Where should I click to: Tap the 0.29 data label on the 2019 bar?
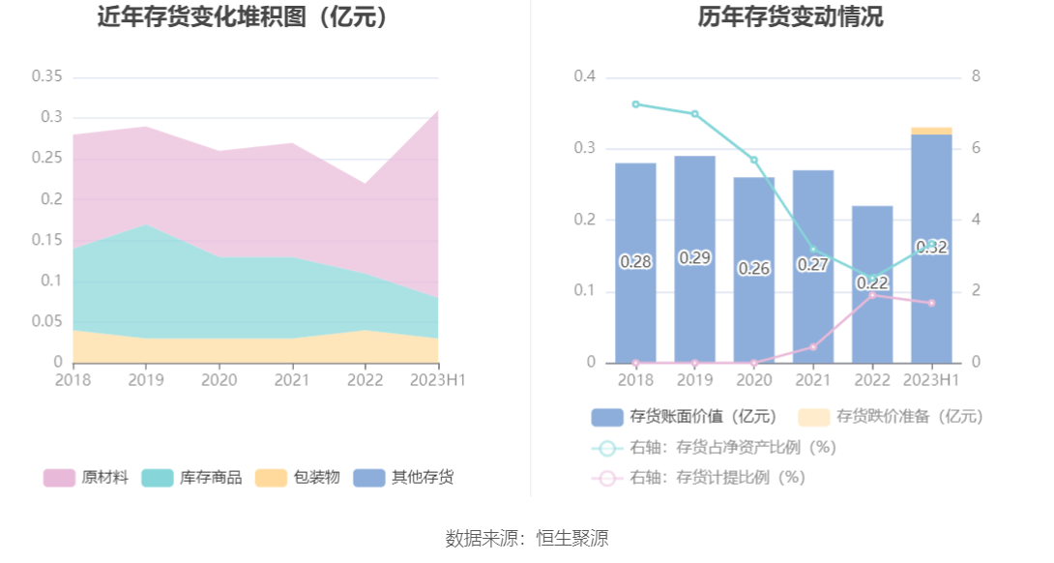point(694,258)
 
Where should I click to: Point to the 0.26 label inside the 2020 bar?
point(754,269)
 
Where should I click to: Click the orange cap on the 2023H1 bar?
point(931,131)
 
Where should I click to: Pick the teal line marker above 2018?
point(635,104)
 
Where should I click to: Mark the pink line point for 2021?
point(813,347)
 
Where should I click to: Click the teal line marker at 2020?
point(754,160)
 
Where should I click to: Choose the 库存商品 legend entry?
point(191,477)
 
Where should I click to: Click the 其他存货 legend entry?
point(403,477)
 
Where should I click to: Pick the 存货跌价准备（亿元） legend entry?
point(891,417)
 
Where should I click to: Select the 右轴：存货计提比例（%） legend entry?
point(698,478)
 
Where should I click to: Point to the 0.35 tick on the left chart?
point(46,76)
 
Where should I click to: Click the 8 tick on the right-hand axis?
point(976,76)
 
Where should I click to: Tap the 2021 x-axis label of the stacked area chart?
point(292,380)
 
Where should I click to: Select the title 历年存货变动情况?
point(790,17)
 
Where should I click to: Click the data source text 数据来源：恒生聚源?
point(527,539)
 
